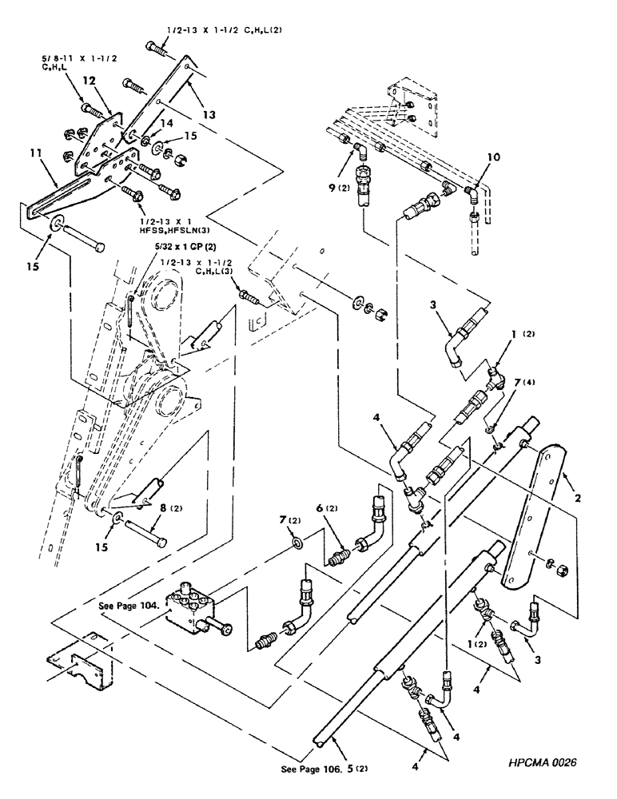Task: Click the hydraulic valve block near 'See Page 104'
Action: click(x=193, y=609)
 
